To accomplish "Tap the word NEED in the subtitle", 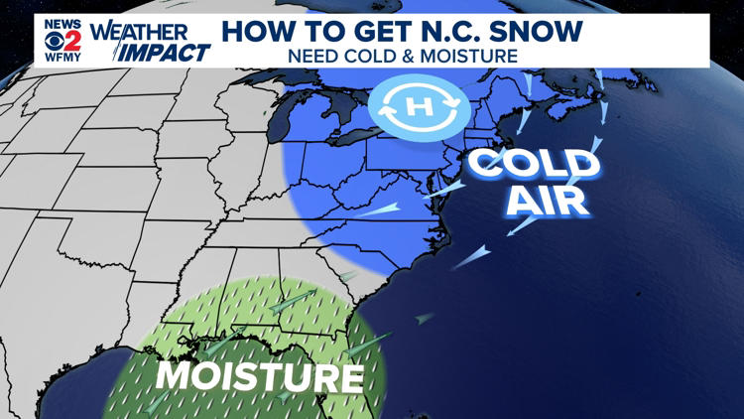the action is click(311, 56).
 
